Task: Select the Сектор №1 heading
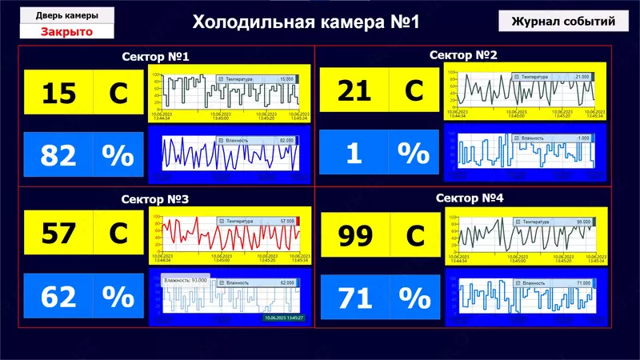[155, 58]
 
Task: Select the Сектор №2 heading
[463, 55]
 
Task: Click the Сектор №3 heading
[155, 198]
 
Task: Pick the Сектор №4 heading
[470, 197]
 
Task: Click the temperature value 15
[58, 93]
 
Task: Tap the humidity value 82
[58, 154]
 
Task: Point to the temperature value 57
[58, 234]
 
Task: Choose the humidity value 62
[58, 297]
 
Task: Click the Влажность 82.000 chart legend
[256, 140]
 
